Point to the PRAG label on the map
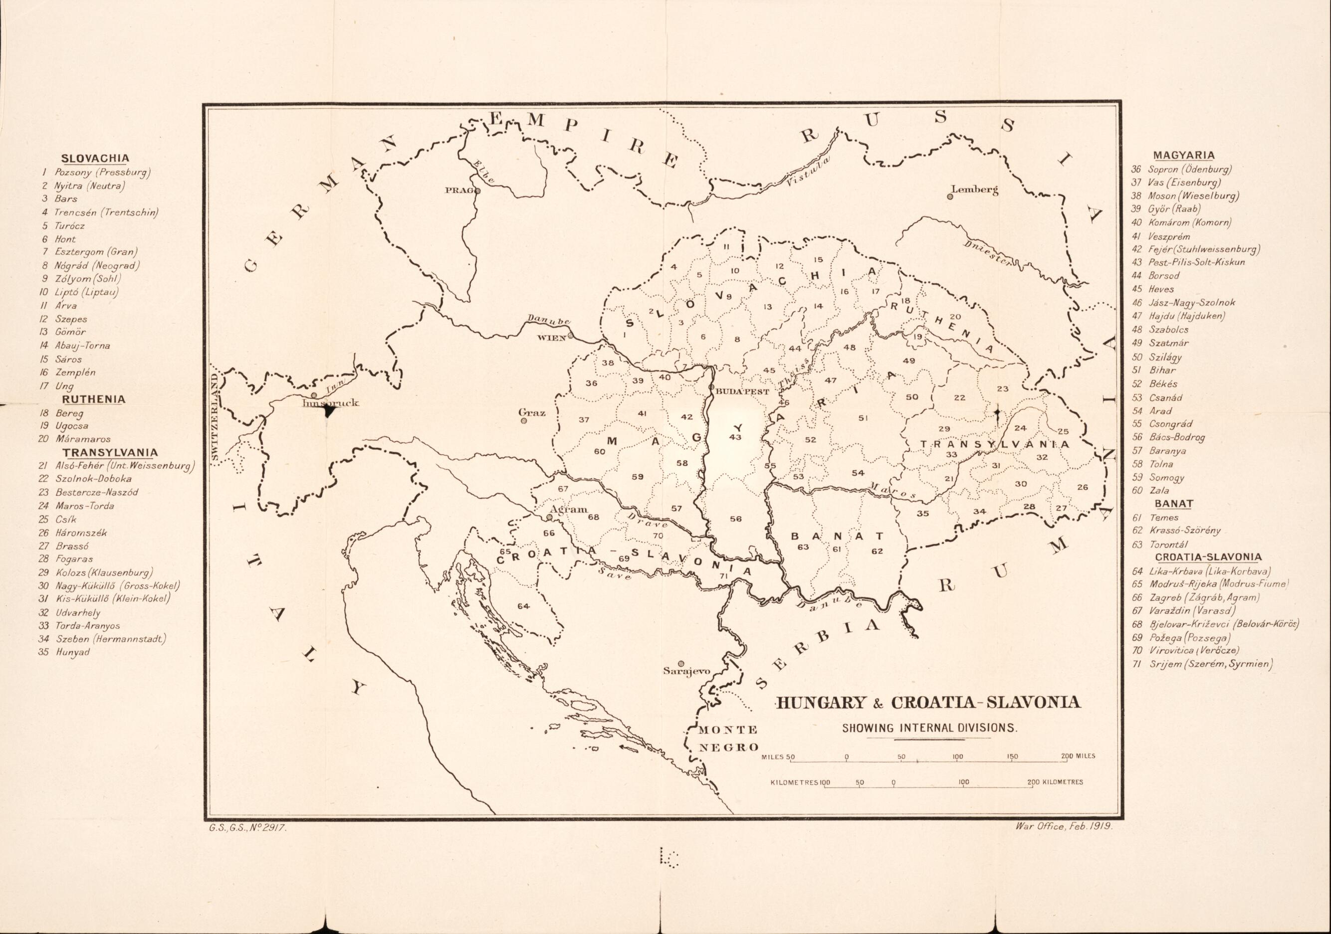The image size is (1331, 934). tap(458, 190)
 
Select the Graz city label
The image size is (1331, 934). tap(532, 412)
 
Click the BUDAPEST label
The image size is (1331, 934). tap(743, 391)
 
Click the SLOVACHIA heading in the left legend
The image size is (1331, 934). tap(95, 158)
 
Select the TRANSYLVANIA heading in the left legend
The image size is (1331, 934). tap(110, 452)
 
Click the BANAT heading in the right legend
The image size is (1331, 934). tap(1173, 504)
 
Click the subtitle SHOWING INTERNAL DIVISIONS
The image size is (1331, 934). tap(929, 728)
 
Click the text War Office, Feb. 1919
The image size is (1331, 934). tap(1064, 827)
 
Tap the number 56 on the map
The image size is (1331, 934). tap(735, 519)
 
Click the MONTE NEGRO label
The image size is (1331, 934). tap(727, 738)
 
